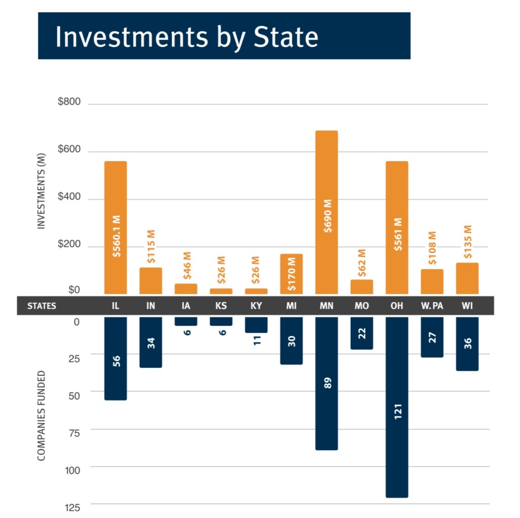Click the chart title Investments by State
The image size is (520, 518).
[187, 37]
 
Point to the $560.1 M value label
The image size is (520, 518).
[116, 236]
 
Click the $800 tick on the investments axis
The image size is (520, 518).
[70, 102]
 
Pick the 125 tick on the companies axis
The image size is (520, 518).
[72, 507]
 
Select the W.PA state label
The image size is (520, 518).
[432, 306]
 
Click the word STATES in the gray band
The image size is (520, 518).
[42, 306]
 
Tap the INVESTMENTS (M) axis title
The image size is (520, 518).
[42, 191]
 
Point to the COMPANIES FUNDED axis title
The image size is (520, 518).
[42, 416]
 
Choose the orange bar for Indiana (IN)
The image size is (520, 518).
[151, 281]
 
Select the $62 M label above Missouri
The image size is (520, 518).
[362, 263]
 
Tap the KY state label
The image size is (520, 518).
[256, 306]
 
